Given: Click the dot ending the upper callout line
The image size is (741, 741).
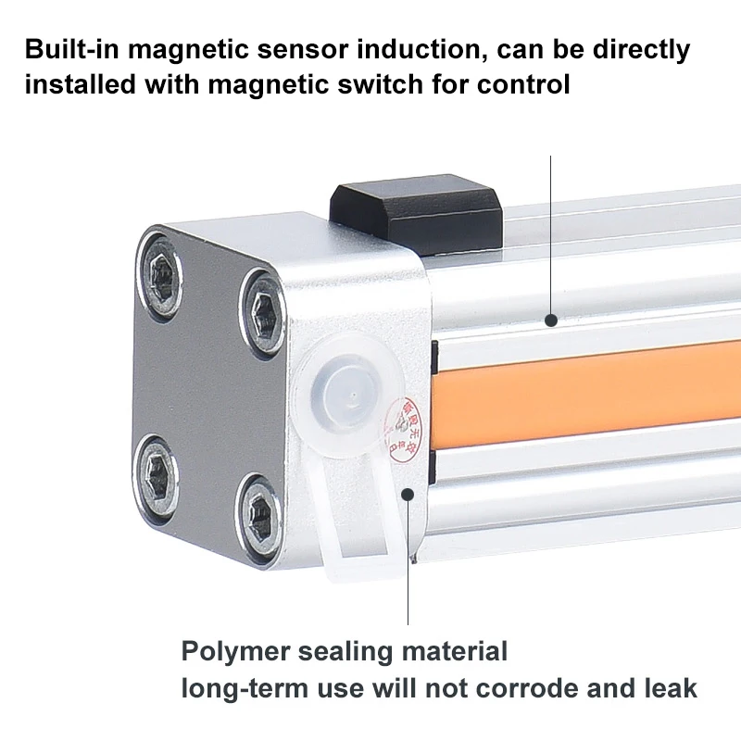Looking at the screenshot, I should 551,320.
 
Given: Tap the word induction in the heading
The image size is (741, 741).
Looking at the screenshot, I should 446,48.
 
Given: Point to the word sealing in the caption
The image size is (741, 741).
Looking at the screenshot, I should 346,652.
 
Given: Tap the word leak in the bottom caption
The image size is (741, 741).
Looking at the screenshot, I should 670,688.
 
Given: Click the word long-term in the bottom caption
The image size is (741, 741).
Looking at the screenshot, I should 244,688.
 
